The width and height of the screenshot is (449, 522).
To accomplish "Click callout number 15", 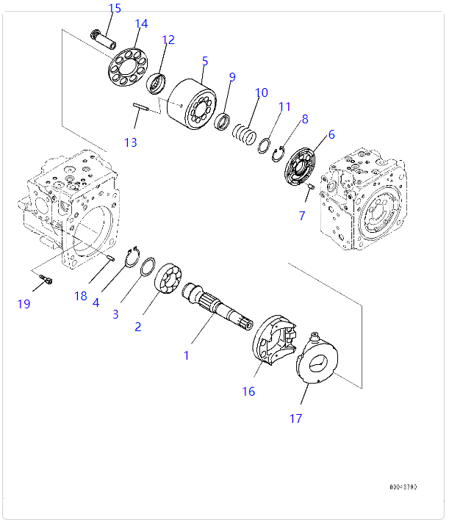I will pos(115,9).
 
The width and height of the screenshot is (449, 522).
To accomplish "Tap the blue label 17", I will pos(295,418).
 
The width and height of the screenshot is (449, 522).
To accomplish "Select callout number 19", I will pos(24,303).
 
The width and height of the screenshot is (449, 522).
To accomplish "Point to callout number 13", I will pos(130,142).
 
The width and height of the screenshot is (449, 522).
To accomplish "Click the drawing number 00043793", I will pos(403,487).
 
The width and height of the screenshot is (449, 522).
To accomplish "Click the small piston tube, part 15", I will pos(104,38).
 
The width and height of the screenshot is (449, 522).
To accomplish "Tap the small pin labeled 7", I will pos(309,188).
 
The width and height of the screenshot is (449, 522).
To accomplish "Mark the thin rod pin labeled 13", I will pos(142,108).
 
